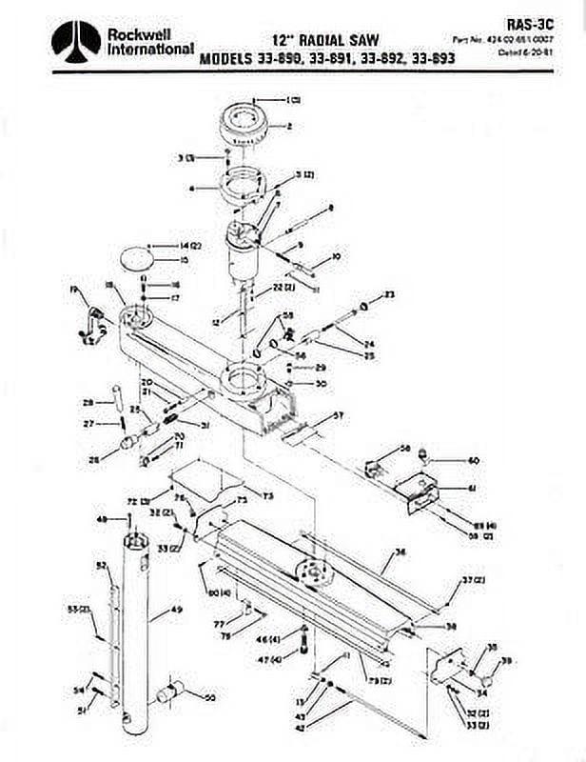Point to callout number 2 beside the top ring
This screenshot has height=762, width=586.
click(289, 124)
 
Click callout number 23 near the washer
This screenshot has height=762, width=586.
click(388, 294)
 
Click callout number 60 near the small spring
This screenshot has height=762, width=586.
click(473, 460)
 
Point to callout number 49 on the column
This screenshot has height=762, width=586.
click(177, 609)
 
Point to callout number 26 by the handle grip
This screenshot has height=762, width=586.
click(92, 460)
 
